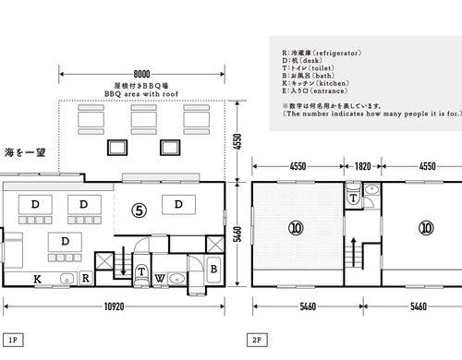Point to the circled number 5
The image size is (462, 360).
[x=138, y=210]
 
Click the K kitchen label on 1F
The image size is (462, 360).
[x=38, y=278]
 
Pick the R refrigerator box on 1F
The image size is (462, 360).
[x=84, y=278]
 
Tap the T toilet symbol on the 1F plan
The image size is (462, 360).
[x=140, y=271]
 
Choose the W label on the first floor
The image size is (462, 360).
[x=160, y=278]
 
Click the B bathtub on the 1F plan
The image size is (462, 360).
[x=213, y=269]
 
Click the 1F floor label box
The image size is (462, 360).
[x=13, y=340]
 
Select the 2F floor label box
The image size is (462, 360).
[x=256, y=340]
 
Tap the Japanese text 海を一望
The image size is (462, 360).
[x=25, y=150]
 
